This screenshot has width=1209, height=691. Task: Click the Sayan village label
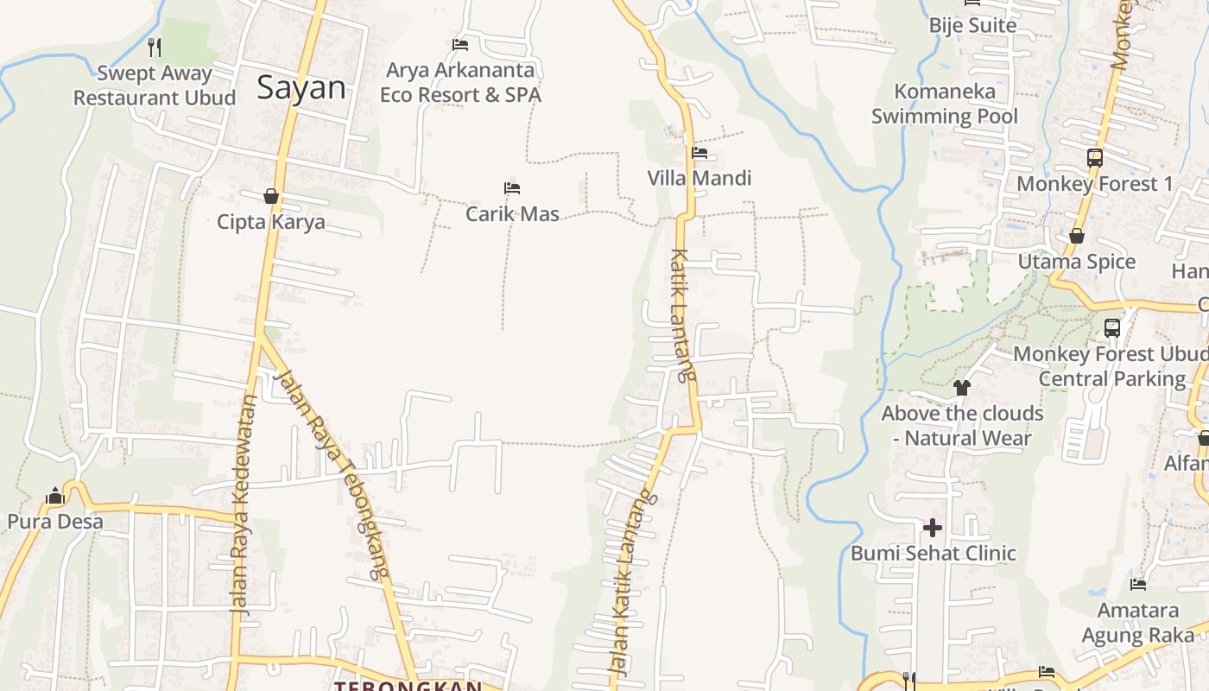[301, 88]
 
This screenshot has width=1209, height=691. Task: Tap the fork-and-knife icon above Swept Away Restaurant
[155, 47]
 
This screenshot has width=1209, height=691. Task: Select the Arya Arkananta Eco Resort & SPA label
[460, 82]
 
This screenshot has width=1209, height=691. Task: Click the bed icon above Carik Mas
[512, 188]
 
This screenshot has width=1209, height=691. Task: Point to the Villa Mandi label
[699, 179]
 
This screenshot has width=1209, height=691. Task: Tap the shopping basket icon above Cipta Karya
[271, 197]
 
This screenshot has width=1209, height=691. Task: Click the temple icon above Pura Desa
[55, 496]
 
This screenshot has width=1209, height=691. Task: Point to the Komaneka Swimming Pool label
[945, 104]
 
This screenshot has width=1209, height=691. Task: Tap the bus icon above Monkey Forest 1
[1095, 158]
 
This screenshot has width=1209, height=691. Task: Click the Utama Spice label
[1077, 262]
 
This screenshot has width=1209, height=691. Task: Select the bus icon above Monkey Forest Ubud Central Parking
[1112, 328]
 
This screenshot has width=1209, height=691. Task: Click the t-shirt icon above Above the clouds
[962, 388]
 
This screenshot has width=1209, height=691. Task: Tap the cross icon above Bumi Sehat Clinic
[933, 527]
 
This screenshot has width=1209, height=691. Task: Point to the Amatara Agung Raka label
[1138, 623]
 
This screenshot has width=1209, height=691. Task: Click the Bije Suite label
[972, 26]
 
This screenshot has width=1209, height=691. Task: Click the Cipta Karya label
[271, 222]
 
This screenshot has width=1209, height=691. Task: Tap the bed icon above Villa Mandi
[699, 154]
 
